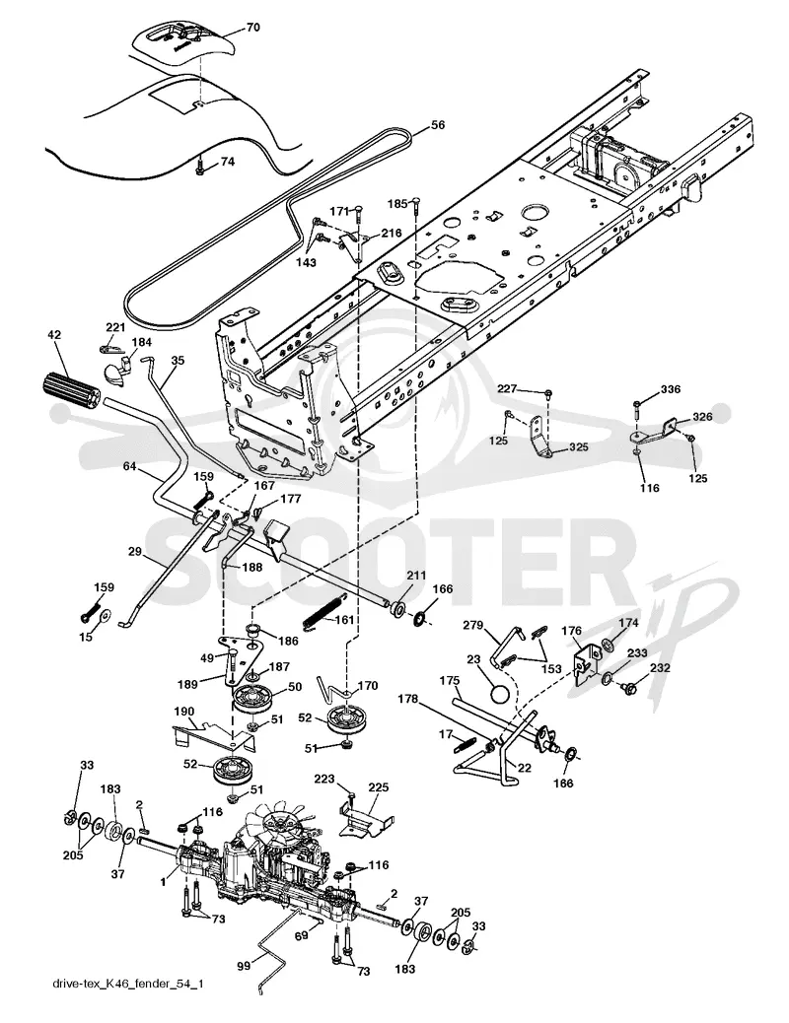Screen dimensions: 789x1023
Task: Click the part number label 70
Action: click(252, 27)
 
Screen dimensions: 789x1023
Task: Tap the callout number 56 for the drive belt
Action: click(438, 124)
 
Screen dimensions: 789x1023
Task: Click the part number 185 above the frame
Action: click(396, 203)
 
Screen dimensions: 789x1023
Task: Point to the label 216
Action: click(392, 233)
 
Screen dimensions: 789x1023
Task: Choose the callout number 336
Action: click(670, 389)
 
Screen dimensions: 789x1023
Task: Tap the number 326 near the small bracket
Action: click(702, 416)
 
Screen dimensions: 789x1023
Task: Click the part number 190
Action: click(184, 710)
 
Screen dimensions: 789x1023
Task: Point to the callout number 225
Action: click(380, 788)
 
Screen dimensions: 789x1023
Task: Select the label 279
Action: click(472, 625)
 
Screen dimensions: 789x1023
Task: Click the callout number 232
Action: click(660, 669)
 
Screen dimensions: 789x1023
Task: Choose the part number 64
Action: click(128, 466)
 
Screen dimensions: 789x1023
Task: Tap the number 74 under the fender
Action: click(227, 163)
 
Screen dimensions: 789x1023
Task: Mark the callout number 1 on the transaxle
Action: click(164, 881)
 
